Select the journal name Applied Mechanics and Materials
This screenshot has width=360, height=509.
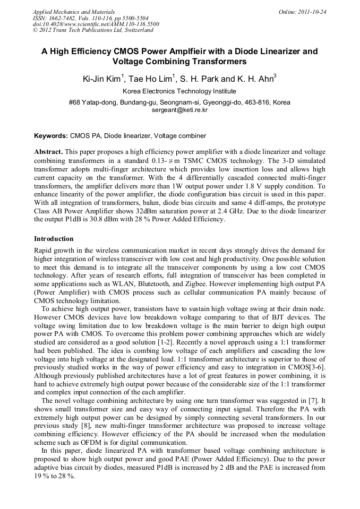[x=74, y=11]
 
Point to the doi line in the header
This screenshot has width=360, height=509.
[x=96, y=24]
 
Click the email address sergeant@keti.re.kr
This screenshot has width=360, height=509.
[x=179, y=110]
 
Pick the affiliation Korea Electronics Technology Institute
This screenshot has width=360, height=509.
[x=179, y=91]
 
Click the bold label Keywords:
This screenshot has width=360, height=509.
[x=51, y=136]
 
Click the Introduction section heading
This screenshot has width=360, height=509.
[x=54, y=239]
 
